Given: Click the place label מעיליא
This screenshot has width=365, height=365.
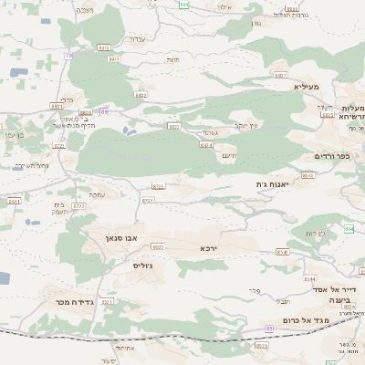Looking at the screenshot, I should (x=307, y=88).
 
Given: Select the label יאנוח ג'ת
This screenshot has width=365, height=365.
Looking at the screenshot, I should (x=272, y=184).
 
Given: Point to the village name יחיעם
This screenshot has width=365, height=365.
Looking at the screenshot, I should (x=228, y=155).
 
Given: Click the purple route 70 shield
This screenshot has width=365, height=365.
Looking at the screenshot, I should (x=68, y=56).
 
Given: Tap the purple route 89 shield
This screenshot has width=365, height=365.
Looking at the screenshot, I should (x=105, y=110).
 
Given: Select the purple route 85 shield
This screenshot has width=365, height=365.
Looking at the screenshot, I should (x=269, y=328).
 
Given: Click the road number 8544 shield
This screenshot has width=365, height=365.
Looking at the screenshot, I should (x=310, y=279).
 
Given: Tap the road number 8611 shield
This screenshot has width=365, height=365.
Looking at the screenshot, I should (x=15, y=200).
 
